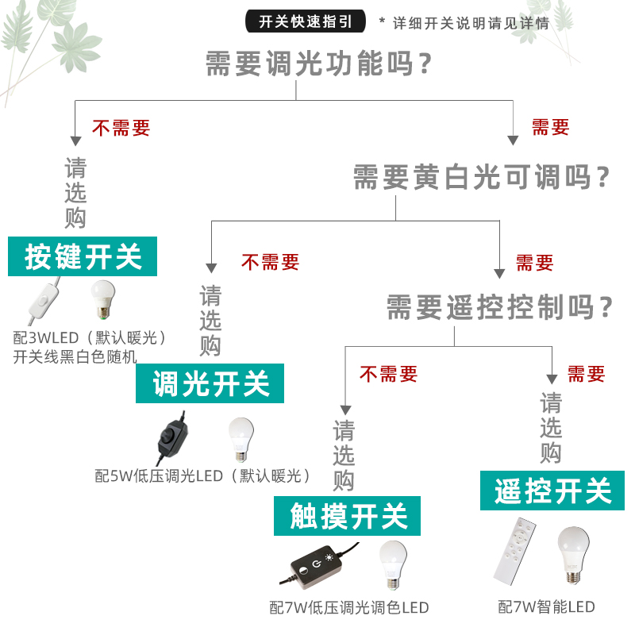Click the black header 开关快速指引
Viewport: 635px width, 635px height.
pyautogui.click(x=306, y=21)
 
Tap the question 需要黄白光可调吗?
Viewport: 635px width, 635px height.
pyautogui.click(x=483, y=176)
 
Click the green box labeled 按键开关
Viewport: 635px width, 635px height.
pyautogui.click(x=83, y=256)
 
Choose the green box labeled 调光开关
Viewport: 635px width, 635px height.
pyautogui.click(x=211, y=384)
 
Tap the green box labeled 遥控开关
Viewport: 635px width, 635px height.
pyautogui.click(x=552, y=491)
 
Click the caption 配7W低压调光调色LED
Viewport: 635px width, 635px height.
pyautogui.click(x=349, y=608)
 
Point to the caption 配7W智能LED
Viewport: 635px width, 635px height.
pyautogui.click(x=546, y=608)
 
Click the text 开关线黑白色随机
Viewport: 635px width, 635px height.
pyautogui.click(x=75, y=356)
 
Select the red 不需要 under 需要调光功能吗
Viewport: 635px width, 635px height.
pyautogui.click(x=121, y=127)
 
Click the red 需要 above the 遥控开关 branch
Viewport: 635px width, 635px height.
pyautogui.click(x=586, y=373)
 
